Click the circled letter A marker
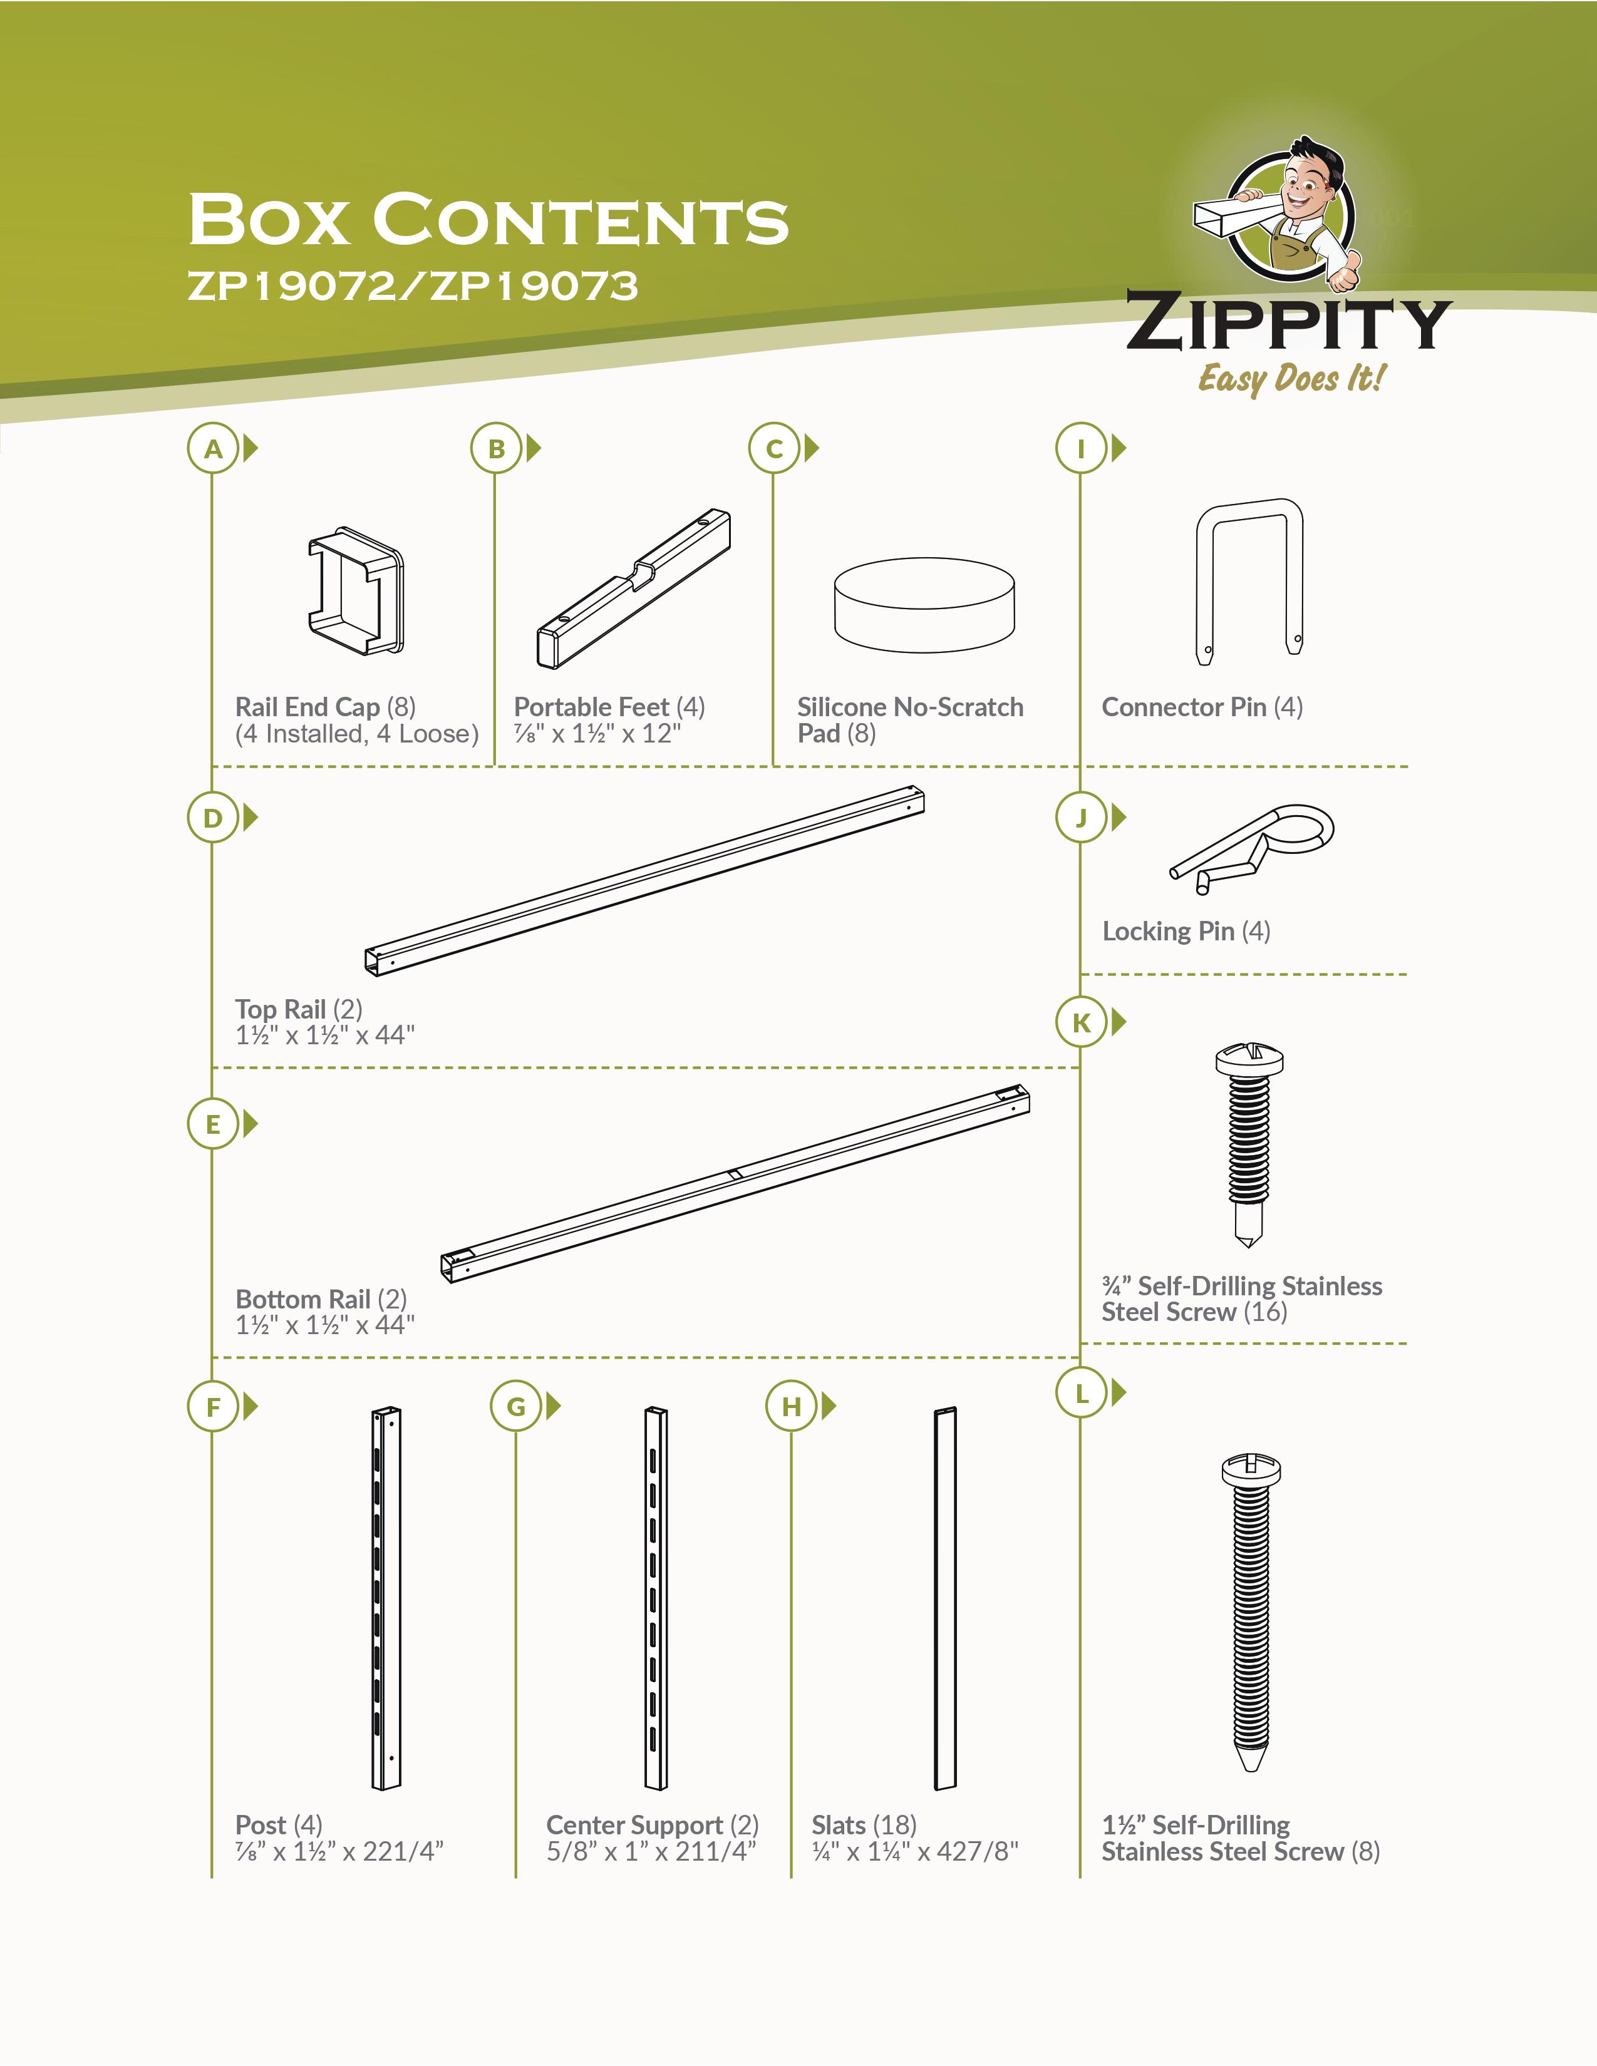coord(213,448)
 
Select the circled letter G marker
coord(515,1407)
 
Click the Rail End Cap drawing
coord(356,590)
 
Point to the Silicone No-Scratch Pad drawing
coord(924,605)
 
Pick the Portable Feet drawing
coord(634,588)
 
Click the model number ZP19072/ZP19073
coord(413,285)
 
